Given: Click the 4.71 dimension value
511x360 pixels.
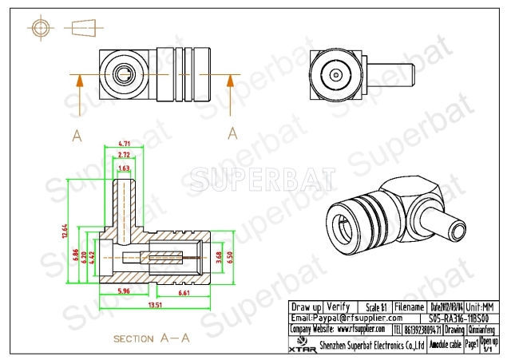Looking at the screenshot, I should [x=125, y=144].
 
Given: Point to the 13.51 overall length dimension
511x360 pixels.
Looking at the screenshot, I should [x=154, y=303].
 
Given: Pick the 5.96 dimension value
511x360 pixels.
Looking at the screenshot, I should [x=122, y=290].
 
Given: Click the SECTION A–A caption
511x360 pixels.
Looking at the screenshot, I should [x=151, y=338].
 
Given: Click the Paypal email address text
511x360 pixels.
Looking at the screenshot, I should [x=343, y=318].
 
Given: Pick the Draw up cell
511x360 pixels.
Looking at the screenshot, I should [x=306, y=307].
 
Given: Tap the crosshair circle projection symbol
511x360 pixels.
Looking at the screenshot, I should [x=41, y=28].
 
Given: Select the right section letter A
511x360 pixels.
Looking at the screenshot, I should [x=232, y=132].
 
